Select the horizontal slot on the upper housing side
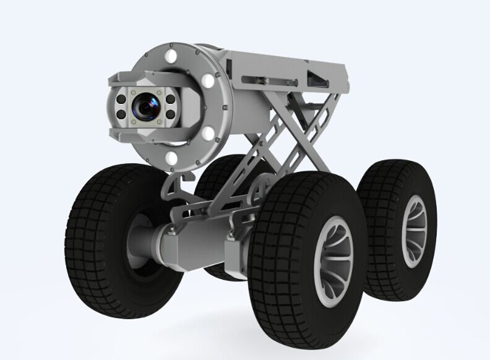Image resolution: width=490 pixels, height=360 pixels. [x=260, y=80]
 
